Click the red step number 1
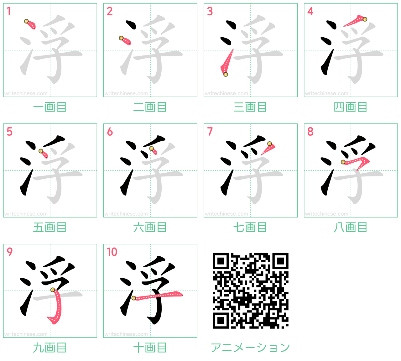pyautogui.click(x=8, y=11)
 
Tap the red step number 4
pyautogui.click(x=310, y=11)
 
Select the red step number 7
pyautogui.click(x=210, y=132)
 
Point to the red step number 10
pyautogui.click(x=112, y=252)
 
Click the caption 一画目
pyautogui.click(x=50, y=107)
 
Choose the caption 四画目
pyautogui.click(x=351, y=107)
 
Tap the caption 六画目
pyautogui.click(x=150, y=228)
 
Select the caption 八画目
pyautogui.click(x=351, y=228)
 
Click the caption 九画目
pyautogui.click(x=50, y=348)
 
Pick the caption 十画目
pyautogui.click(x=150, y=348)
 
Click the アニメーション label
pyautogui.click(x=251, y=348)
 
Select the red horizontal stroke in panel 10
pyautogui.click(x=158, y=296)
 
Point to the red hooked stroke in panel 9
pyautogui.click(x=57, y=306)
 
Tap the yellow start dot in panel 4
pyautogui.click(x=365, y=19)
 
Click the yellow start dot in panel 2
pyautogui.click(x=121, y=38)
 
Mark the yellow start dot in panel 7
pyautogui.click(x=269, y=144)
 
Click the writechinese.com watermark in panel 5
pyautogui.click(x=26, y=214)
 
